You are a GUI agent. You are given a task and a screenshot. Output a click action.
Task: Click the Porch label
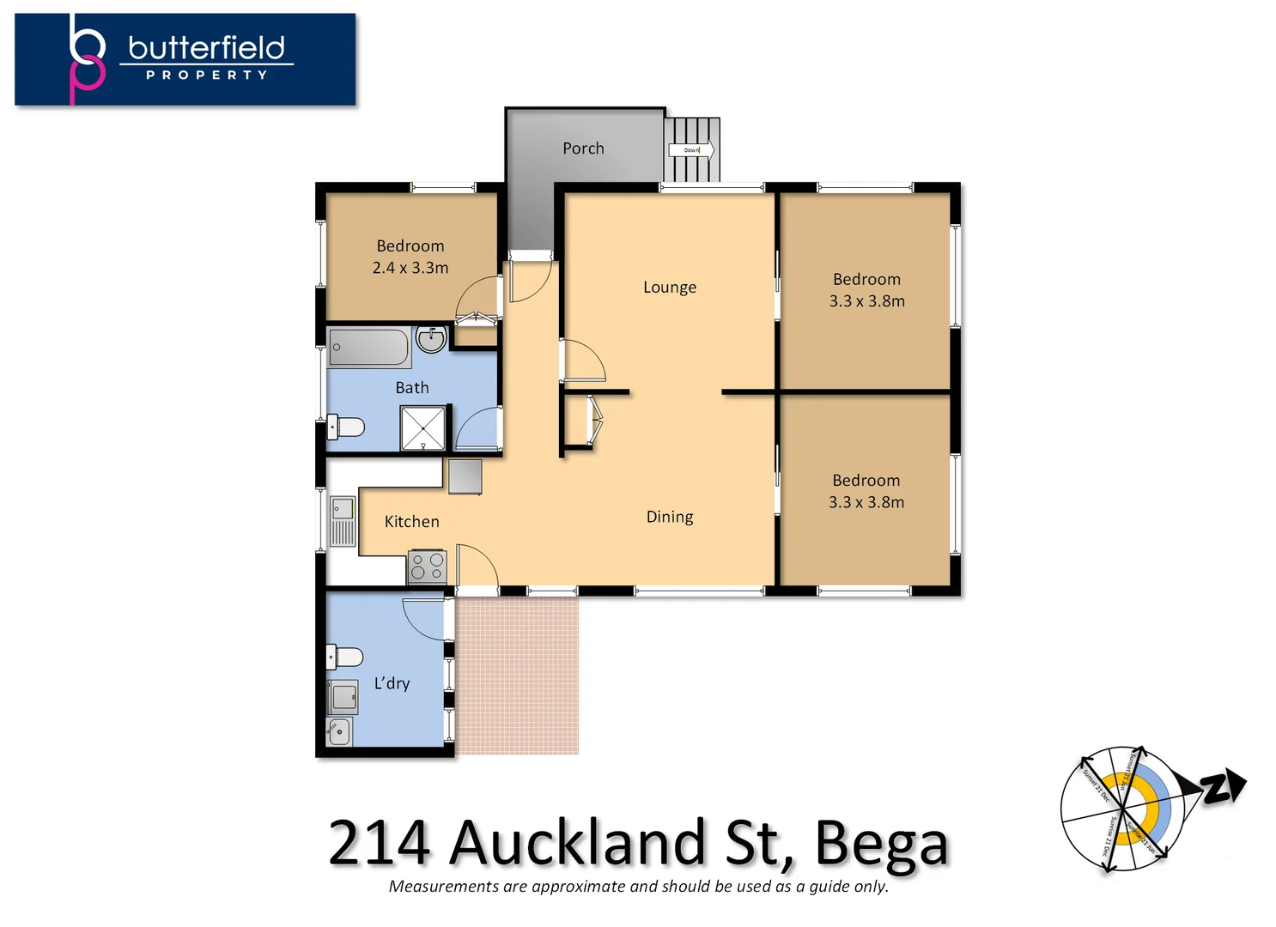(583, 148)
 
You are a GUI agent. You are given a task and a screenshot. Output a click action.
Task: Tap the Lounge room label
(670, 288)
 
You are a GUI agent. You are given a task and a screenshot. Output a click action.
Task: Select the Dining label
(670, 517)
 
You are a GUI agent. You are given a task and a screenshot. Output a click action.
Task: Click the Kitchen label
(411, 522)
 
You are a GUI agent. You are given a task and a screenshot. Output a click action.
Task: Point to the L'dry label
(392, 683)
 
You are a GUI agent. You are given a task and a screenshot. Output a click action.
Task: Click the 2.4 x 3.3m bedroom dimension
(410, 268)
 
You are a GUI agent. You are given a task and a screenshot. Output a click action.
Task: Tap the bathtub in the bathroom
(369, 348)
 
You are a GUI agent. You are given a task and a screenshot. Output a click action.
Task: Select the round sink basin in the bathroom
(430, 340)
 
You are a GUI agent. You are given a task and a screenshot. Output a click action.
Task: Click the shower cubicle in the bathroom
(423, 427)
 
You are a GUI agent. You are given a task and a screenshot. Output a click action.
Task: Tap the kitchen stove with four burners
(427, 566)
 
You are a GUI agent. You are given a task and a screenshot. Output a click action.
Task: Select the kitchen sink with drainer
(343, 521)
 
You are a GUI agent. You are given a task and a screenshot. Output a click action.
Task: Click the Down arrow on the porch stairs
(691, 150)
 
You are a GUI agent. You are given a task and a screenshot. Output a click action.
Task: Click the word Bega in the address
(881, 844)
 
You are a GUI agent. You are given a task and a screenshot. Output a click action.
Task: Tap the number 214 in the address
(379, 844)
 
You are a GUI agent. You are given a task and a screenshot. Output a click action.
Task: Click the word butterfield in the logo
(206, 48)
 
